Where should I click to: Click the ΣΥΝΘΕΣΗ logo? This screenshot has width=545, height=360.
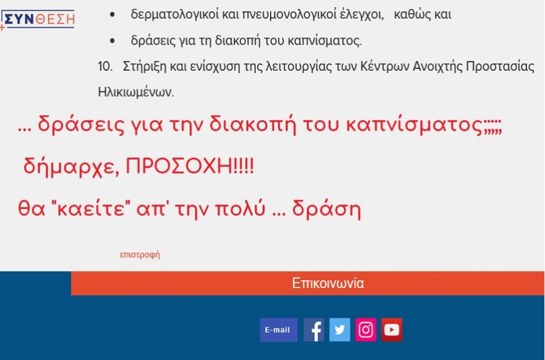[x=38, y=19]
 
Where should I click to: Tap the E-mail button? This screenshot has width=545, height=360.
[x=279, y=330]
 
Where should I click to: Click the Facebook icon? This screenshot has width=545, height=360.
[x=314, y=330]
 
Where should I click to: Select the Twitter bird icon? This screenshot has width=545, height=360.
[x=340, y=330]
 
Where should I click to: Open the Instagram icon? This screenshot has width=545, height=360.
[x=366, y=330]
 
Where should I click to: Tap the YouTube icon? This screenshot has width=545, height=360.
[x=392, y=330]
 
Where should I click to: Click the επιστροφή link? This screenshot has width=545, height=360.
[x=140, y=255]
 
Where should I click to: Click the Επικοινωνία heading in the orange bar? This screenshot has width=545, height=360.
[x=328, y=283]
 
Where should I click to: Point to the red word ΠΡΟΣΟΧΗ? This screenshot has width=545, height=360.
[x=179, y=166]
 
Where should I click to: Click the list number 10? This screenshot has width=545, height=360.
[x=105, y=66]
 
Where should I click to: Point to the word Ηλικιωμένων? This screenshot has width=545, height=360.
[x=136, y=92]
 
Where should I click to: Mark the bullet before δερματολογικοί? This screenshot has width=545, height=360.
[x=112, y=15]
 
